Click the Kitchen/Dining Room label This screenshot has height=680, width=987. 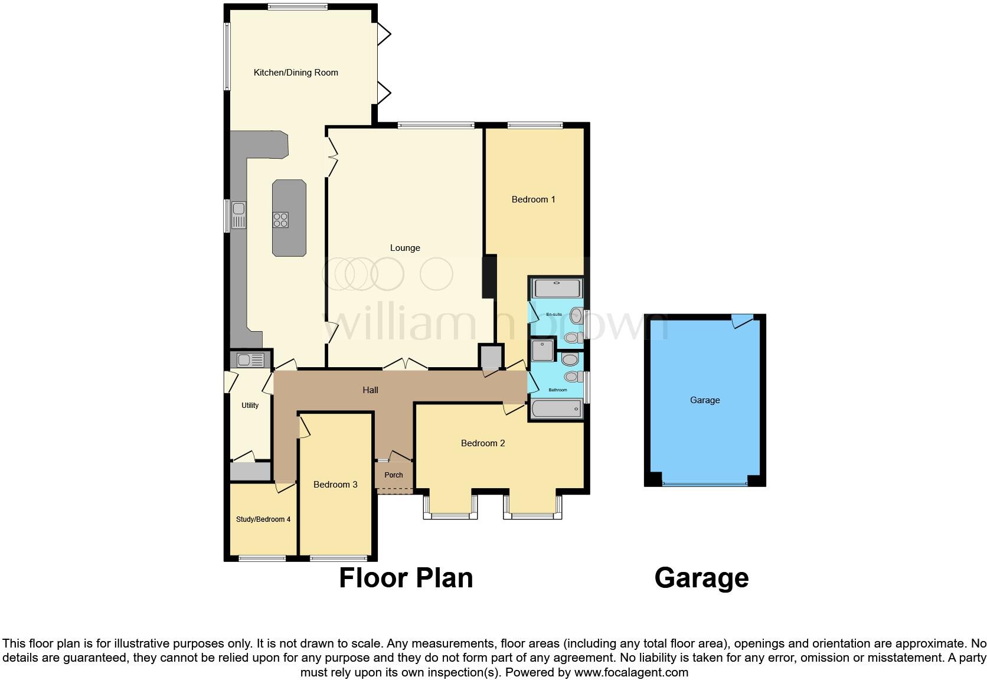[296, 73]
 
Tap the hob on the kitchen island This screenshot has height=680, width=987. [280, 220]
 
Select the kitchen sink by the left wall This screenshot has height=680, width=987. [238, 215]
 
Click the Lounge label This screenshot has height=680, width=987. [405, 248]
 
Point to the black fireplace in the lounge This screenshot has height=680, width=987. [489, 276]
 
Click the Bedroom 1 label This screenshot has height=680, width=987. [533, 200]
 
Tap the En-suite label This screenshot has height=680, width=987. [554, 315]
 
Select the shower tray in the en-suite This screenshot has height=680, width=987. [557, 289]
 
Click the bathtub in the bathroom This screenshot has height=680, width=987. [557, 409]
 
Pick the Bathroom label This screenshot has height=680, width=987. [558, 390]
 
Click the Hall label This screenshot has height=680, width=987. [370, 390]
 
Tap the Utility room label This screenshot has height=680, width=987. [250, 406]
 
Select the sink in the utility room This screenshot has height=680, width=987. [250, 359]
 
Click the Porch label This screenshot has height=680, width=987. [394, 475]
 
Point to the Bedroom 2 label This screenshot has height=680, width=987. [483, 443]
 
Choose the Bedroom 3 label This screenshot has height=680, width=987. [335, 485]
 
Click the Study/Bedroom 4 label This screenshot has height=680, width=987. [263, 519]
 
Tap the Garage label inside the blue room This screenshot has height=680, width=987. [705, 400]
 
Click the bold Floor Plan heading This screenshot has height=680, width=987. [406, 578]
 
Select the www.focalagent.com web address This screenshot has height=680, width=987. [631, 672]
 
